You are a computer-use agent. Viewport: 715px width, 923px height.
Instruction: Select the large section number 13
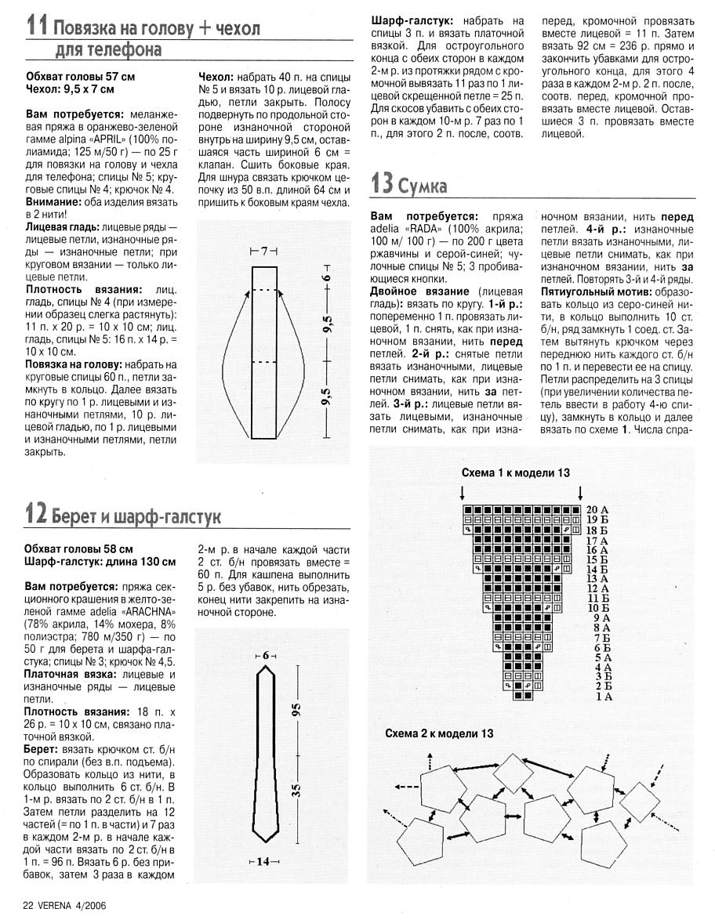point(381,185)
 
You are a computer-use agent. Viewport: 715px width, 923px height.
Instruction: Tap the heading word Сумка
point(423,186)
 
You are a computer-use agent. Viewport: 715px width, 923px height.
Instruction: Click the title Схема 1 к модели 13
point(515,473)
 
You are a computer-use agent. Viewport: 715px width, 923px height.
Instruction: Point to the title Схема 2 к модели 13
point(439,733)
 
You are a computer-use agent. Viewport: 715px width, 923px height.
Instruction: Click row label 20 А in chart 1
point(597,509)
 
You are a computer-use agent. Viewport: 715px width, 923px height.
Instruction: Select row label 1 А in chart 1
point(603,696)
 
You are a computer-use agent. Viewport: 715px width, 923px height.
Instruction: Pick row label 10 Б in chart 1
point(597,607)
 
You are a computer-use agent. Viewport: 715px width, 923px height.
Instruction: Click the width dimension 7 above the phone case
point(264,252)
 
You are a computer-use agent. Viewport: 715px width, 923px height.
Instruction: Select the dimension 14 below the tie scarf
point(263,862)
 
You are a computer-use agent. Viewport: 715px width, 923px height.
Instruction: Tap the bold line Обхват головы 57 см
point(80,77)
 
